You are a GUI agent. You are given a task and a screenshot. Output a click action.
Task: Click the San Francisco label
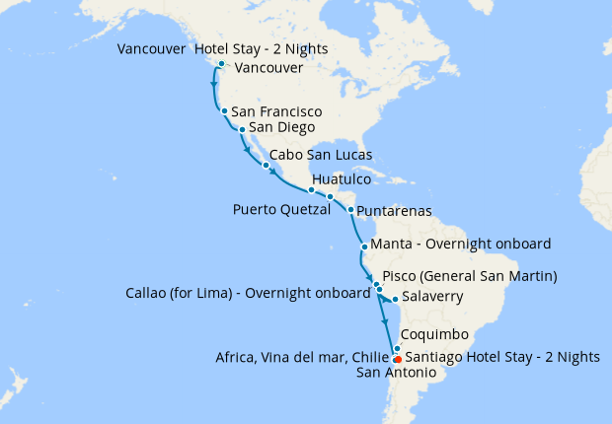276,112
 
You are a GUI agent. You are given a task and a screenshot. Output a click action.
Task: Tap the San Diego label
282,127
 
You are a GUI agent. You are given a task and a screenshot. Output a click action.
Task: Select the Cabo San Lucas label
321,156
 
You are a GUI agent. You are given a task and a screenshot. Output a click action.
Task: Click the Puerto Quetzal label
281,209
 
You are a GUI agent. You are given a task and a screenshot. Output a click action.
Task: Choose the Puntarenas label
394,211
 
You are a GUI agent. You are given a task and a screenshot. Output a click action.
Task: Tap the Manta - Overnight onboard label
460,244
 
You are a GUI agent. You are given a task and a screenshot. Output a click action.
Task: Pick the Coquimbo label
435,334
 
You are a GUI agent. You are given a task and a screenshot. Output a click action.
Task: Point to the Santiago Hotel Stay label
502,357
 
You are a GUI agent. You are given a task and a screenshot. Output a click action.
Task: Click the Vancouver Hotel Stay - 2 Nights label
222,49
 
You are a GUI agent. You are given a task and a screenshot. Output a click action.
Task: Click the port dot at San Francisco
225,111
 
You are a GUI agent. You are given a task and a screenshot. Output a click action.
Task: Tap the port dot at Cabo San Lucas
266,165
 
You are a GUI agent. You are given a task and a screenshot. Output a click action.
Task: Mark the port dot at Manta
364,247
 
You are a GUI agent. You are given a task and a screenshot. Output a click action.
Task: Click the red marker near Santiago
397,359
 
